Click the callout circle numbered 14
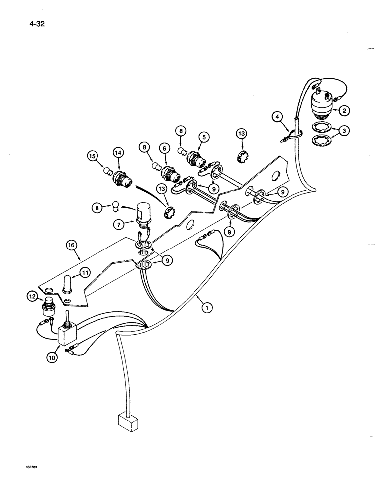(x=118, y=153)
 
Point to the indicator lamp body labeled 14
(x=123, y=177)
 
